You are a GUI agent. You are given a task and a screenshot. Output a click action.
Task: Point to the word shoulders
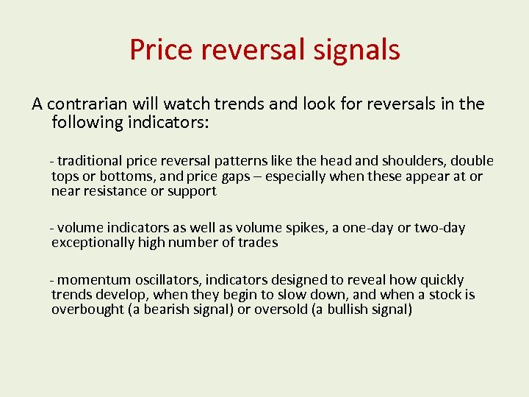(414, 161)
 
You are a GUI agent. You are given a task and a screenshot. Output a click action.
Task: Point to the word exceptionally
(93, 243)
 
